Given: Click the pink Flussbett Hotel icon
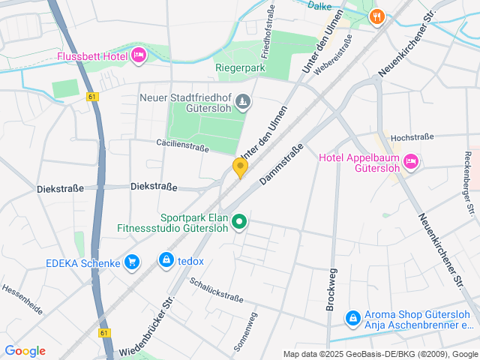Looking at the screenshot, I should (x=138, y=55).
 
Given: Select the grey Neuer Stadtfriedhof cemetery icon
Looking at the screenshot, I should (x=242, y=101).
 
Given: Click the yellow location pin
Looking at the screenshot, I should (x=240, y=167).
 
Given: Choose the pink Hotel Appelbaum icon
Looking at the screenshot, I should (x=410, y=160).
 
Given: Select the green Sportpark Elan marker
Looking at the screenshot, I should (x=239, y=221).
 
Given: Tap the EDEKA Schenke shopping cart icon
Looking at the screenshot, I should (x=132, y=262).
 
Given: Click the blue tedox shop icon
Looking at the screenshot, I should (x=165, y=260).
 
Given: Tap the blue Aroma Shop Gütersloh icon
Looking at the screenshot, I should (x=352, y=319).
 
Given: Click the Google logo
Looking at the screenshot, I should (x=25, y=351).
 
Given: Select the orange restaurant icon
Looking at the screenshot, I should (x=377, y=15).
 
